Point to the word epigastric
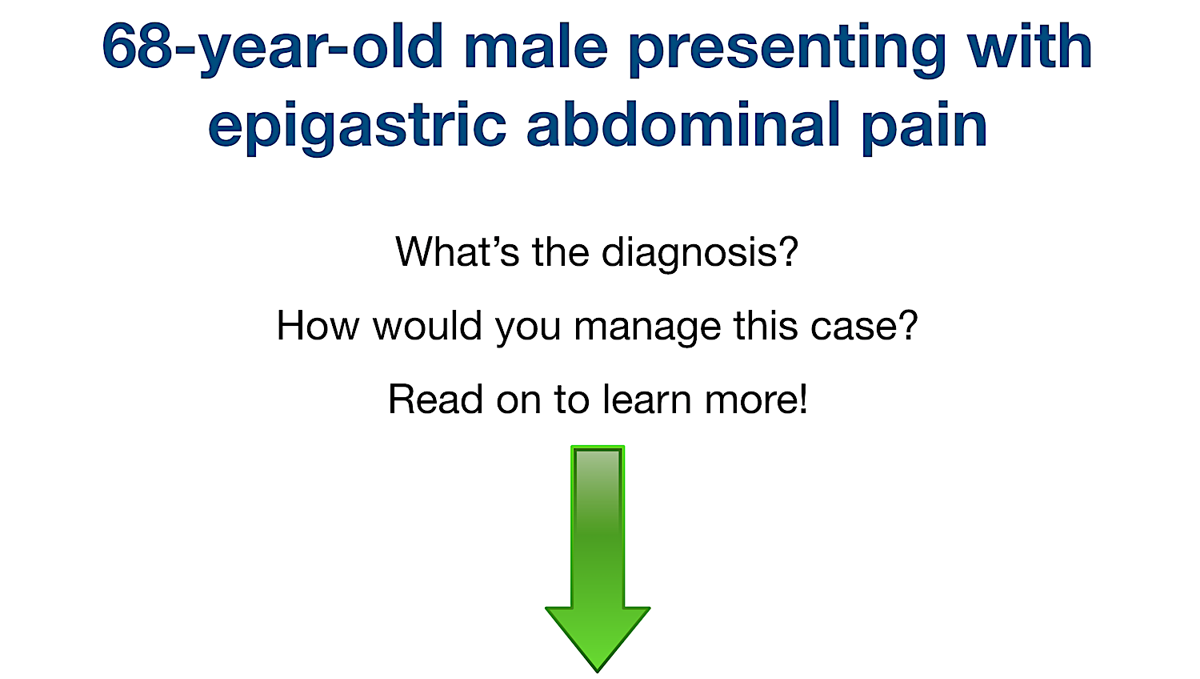pos(357,127)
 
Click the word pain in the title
pos(924,127)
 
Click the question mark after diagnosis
pos(789,252)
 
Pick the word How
pos(317,326)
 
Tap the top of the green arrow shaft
pos(598,452)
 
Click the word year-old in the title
pos(313,48)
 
